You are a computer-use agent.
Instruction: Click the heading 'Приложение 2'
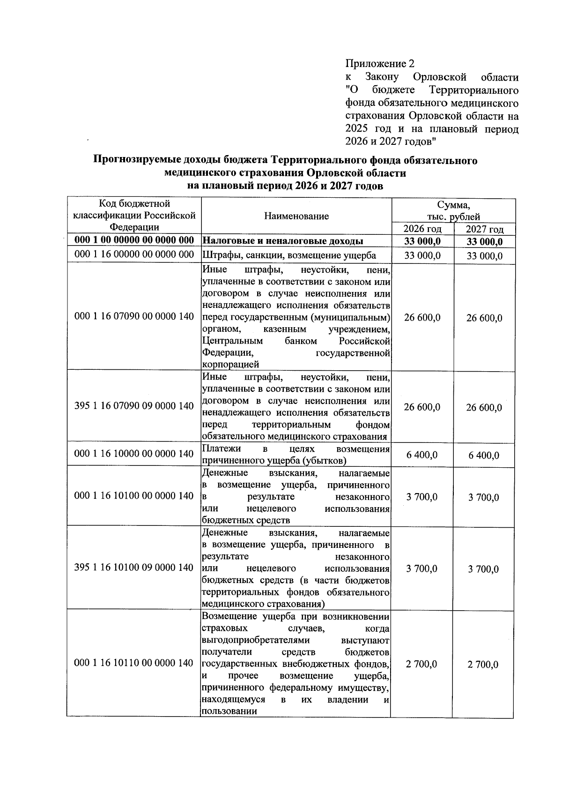380,63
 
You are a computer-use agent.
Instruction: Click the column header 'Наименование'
296,216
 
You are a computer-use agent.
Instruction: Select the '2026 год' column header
422,229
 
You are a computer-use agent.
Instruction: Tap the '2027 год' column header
484,229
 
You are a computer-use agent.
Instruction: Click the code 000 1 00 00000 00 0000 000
134,240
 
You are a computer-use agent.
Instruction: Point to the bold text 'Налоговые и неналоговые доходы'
283,241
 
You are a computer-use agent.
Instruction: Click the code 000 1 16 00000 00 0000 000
134,254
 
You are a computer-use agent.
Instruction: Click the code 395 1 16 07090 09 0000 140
134,406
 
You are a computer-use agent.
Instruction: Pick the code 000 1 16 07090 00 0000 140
134,317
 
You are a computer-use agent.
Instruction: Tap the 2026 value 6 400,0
422,455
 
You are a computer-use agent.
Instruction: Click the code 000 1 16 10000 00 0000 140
134,454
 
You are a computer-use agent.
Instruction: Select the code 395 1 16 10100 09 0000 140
134,568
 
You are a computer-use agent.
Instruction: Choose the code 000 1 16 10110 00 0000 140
134,663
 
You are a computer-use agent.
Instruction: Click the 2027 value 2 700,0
483,665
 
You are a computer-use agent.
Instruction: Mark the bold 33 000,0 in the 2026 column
422,241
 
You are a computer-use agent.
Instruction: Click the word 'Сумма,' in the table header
453,205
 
